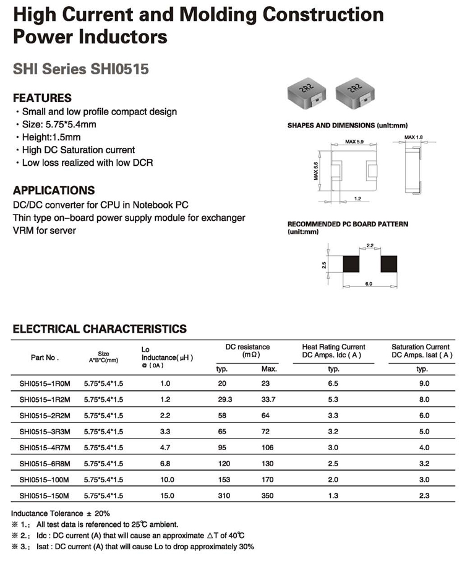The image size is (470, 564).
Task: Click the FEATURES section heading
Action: point(42,98)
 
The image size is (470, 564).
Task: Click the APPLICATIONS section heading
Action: point(54,190)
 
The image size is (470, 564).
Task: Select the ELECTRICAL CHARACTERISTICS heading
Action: point(100,329)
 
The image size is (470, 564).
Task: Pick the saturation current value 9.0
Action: point(423,383)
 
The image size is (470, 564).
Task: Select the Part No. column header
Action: point(45,357)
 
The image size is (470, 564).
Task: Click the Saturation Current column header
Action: point(422,351)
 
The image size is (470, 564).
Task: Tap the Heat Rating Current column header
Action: point(333,351)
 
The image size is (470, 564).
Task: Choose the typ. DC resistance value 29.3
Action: point(224,399)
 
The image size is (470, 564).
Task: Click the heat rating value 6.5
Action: point(333,383)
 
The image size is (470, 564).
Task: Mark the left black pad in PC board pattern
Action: point(351,263)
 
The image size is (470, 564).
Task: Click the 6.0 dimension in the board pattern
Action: point(369,284)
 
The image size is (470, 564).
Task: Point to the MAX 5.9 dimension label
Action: point(354,142)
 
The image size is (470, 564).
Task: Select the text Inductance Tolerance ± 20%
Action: point(61,513)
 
